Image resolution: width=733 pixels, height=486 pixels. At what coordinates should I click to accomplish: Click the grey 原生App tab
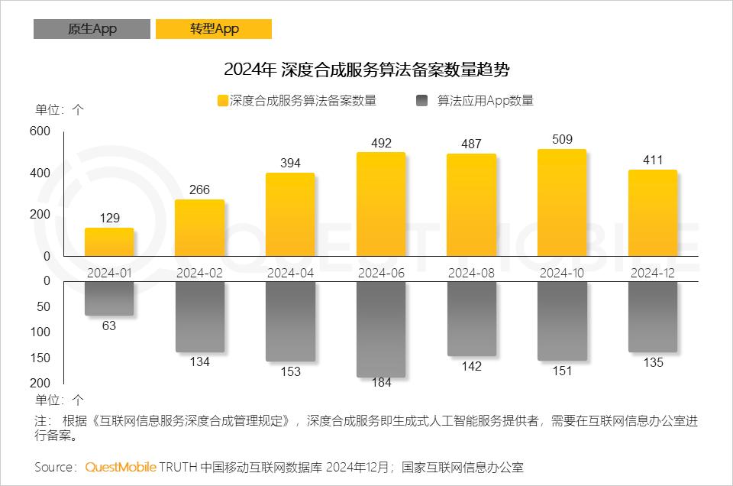pyautogui.click(x=92, y=29)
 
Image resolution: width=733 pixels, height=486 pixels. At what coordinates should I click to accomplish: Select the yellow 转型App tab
pyautogui.click(x=214, y=29)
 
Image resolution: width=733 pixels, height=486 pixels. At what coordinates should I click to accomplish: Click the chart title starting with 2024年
pyautogui.click(x=366, y=70)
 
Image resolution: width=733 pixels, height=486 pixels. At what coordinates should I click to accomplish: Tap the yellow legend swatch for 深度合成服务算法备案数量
pyautogui.click(x=222, y=101)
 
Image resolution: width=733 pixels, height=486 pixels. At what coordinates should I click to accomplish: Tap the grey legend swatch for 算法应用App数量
pyautogui.click(x=422, y=101)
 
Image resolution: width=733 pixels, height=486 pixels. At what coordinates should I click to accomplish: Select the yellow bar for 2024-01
pyautogui.click(x=109, y=242)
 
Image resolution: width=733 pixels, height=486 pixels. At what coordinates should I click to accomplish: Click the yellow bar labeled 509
pyautogui.click(x=562, y=203)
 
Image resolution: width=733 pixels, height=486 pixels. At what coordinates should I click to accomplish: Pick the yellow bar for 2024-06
pyautogui.click(x=381, y=205)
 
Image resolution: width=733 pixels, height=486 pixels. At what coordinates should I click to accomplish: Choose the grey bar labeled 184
pyautogui.click(x=381, y=329)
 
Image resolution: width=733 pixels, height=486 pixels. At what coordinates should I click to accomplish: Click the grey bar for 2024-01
pyautogui.click(x=109, y=298)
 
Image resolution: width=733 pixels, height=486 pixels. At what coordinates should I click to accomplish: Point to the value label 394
pyautogui.click(x=290, y=163)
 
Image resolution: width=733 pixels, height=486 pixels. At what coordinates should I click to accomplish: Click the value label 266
pyautogui.click(x=199, y=190)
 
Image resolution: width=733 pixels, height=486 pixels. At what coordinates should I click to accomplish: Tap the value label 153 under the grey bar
pyautogui.click(x=290, y=372)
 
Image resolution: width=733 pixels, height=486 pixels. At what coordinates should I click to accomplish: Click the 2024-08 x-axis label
pyautogui.click(x=471, y=273)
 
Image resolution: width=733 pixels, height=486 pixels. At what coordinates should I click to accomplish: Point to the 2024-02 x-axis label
pyautogui.click(x=199, y=273)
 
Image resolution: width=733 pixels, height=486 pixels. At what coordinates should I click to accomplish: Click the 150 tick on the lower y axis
pyautogui.click(x=41, y=358)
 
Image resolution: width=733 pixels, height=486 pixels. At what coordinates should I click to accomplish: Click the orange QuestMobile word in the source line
pyautogui.click(x=121, y=467)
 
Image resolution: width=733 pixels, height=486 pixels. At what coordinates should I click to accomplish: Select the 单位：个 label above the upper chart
pyautogui.click(x=60, y=109)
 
